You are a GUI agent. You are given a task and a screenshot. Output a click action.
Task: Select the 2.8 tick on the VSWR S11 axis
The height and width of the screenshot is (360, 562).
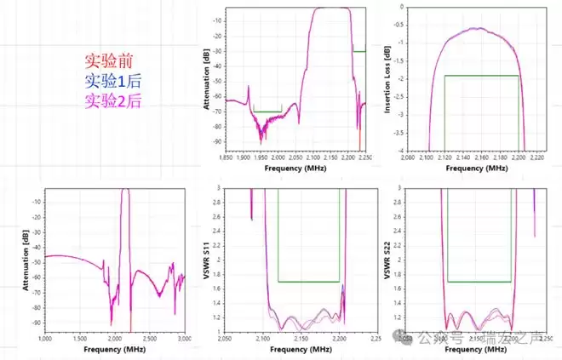(x=218, y=201)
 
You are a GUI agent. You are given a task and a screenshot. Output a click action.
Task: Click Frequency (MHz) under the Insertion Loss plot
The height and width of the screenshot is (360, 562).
(x=469, y=169)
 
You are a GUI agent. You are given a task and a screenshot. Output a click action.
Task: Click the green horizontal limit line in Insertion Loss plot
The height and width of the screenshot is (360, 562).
(x=482, y=76)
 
